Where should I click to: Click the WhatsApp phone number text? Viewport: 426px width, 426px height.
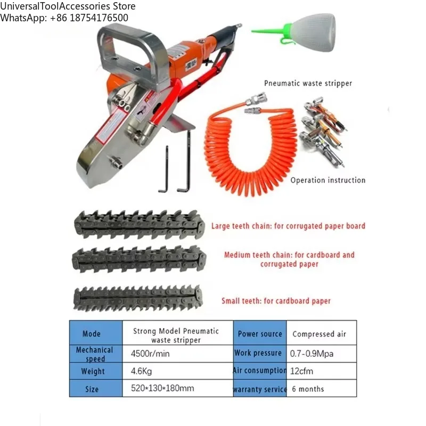click(64, 18)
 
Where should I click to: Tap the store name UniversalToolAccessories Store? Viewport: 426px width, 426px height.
click(68, 6)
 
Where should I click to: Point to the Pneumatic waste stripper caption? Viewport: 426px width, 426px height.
click(308, 83)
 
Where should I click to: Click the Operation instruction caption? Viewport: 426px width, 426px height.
click(327, 180)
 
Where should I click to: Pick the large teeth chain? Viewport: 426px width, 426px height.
click(140, 224)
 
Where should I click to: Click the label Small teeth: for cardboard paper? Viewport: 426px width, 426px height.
click(276, 301)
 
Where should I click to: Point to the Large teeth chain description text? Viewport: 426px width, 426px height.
click(288, 226)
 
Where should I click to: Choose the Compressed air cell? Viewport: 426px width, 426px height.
click(319, 334)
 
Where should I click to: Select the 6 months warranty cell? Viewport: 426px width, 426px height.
click(307, 389)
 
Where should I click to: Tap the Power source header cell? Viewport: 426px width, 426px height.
click(260, 334)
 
